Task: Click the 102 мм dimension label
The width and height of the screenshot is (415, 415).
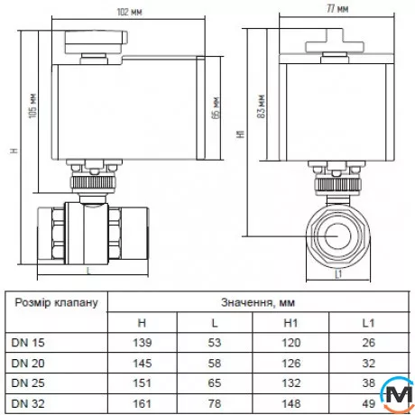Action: (129, 12)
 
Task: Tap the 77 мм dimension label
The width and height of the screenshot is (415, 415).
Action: (337, 9)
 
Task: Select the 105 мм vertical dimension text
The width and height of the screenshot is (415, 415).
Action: (32, 106)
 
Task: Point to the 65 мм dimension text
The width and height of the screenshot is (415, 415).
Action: (216, 108)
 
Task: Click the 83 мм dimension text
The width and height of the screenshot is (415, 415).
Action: (262, 106)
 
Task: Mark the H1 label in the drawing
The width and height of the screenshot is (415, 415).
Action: (241, 134)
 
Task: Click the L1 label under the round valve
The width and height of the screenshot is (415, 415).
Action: (338, 274)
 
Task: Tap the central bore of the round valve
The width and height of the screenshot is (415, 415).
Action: (338, 236)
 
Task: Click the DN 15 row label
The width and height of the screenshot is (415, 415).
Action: (28, 343)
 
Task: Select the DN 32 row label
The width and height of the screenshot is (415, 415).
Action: (28, 403)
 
